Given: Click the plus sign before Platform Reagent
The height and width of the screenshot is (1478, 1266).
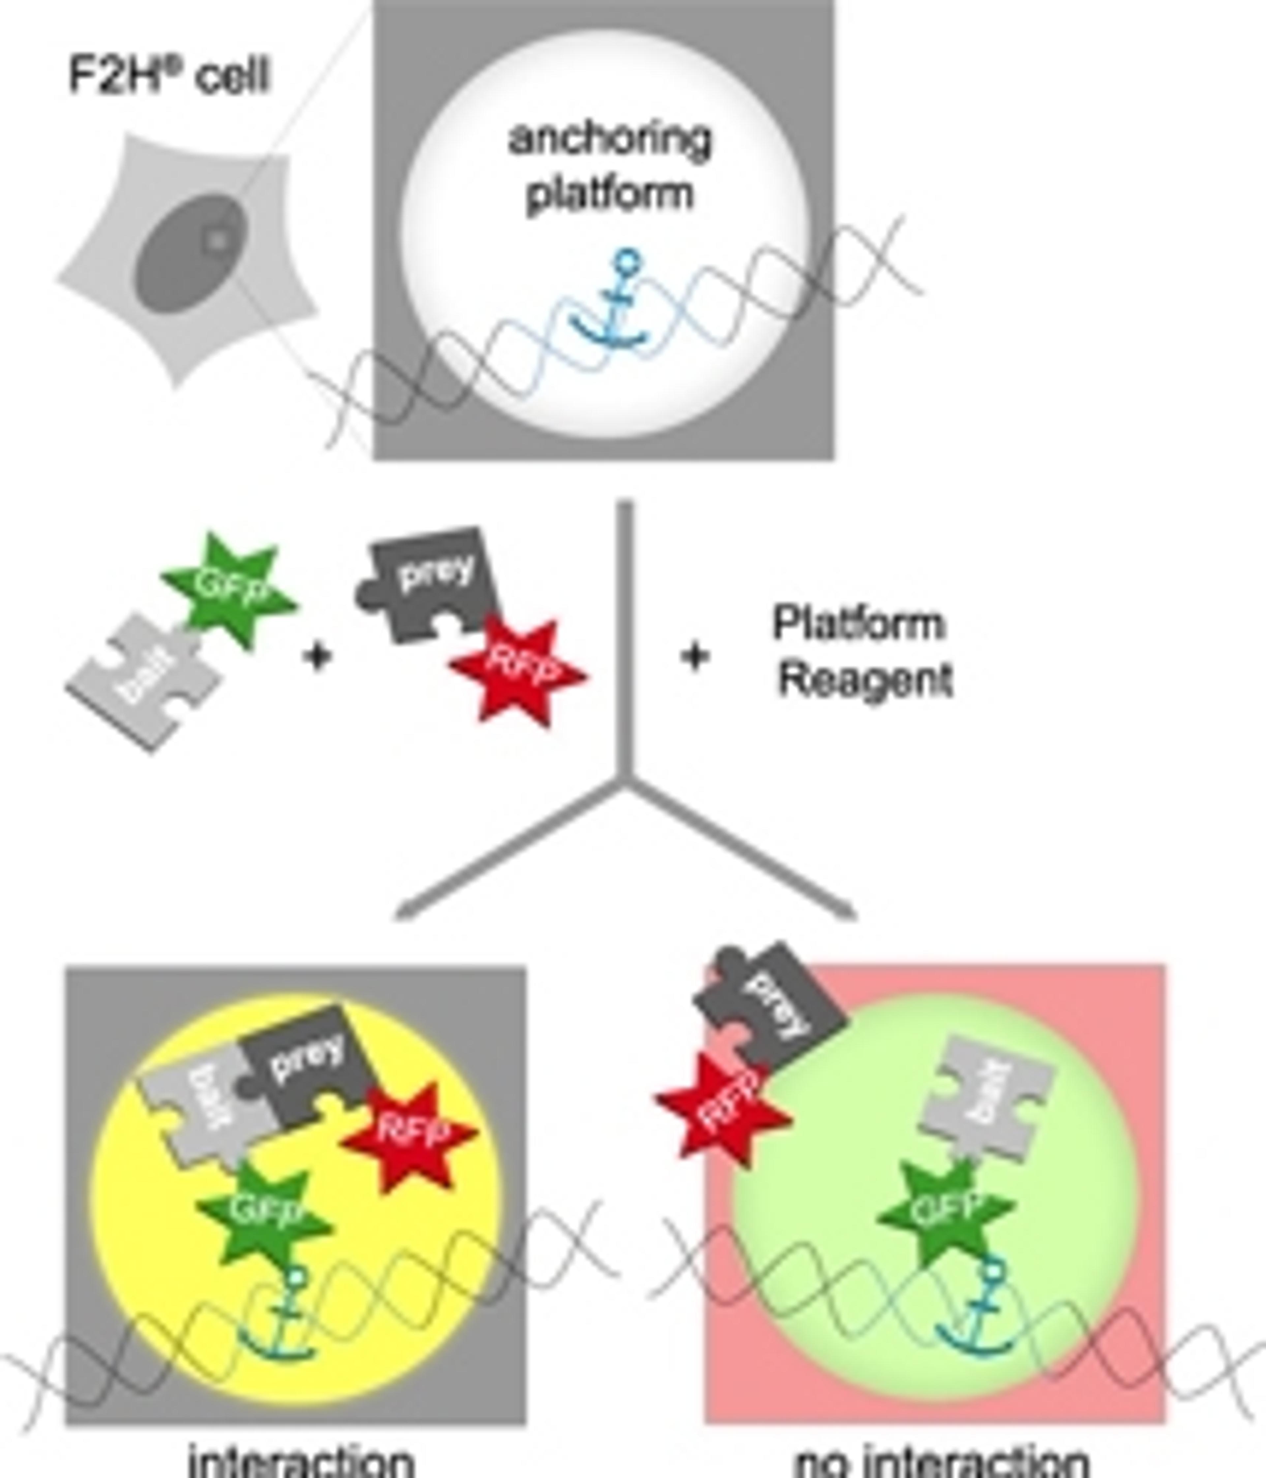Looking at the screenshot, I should tap(694, 656).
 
